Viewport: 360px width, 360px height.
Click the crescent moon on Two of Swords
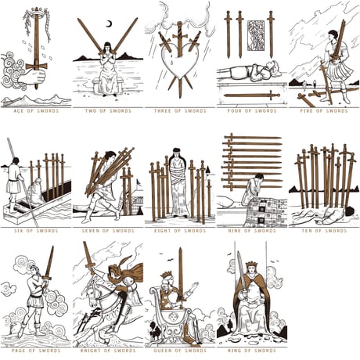click(110, 24)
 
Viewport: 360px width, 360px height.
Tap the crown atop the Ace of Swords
click(36, 11)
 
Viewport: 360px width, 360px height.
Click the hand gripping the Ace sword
click(35, 76)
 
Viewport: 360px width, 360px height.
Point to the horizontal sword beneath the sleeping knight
click(252, 95)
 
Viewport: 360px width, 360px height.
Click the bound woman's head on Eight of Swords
click(178, 153)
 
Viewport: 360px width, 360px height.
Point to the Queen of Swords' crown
click(166, 275)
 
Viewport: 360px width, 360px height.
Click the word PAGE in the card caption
click(19, 351)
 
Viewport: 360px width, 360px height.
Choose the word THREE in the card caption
click(162, 111)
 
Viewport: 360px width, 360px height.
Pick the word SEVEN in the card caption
click(91, 231)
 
